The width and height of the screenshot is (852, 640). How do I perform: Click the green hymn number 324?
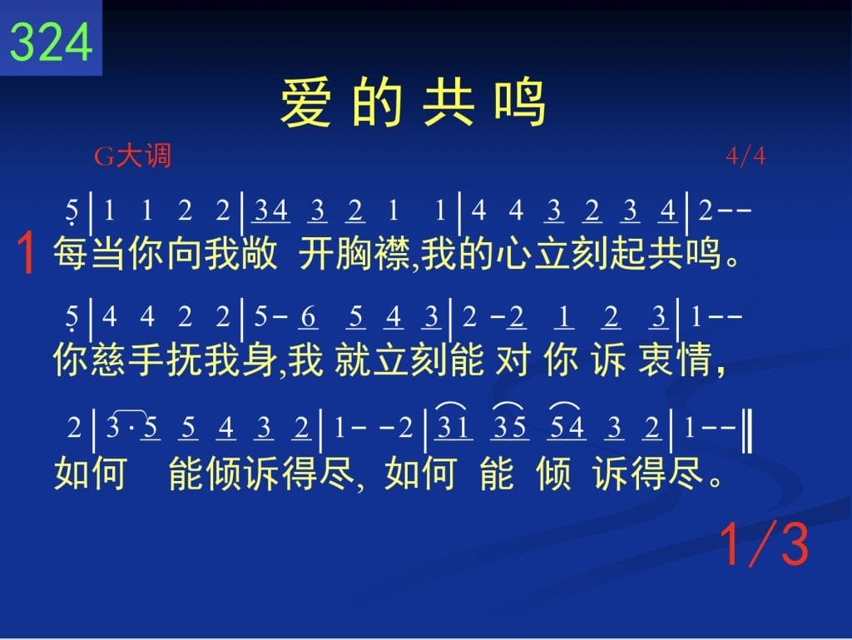[51, 42]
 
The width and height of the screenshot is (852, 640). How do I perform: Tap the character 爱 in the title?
[305, 102]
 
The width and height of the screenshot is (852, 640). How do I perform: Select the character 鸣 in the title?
[520, 102]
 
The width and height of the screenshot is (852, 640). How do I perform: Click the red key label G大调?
[132, 156]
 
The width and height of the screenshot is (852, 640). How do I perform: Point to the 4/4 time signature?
[745, 156]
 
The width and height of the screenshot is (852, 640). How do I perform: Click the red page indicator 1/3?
[765, 545]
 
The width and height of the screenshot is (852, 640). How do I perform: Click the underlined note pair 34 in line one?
[271, 211]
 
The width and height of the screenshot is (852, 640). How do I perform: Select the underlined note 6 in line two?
[308, 317]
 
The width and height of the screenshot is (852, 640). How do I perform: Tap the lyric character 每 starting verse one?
[72, 253]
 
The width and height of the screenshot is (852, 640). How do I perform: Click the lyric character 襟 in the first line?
[392, 253]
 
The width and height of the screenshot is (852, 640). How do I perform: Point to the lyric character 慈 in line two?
[109, 360]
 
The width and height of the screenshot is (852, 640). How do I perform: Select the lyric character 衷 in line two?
[656, 360]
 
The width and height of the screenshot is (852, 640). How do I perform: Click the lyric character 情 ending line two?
[693, 360]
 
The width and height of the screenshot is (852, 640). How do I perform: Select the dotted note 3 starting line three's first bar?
[113, 427]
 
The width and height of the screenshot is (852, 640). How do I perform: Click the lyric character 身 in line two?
[260, 360]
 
